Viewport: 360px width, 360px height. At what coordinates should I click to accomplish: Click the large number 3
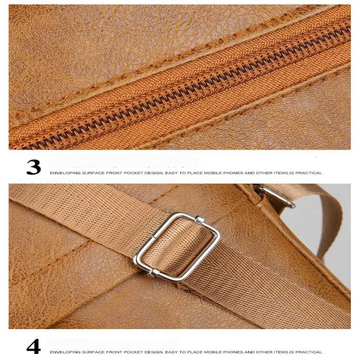34,167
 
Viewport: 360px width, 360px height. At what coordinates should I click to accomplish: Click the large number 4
34,346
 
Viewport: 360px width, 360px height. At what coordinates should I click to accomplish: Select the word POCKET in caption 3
132,173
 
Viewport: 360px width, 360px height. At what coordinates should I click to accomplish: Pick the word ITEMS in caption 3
281,173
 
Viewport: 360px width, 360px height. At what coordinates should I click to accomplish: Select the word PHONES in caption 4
233,352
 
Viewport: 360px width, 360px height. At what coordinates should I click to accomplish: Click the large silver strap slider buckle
176,247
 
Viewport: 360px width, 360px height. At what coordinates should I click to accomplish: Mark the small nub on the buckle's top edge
198,219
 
